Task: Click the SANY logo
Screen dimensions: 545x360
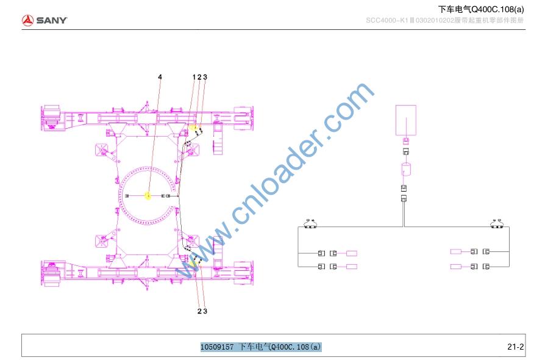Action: [x=44, y=20]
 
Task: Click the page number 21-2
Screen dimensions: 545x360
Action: [x=516, y=347]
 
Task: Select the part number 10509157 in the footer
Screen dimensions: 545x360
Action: [x=217, y=347]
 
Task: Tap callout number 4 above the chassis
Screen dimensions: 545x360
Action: [x=160, y=77]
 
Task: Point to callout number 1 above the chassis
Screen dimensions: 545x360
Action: [x=194, y=77]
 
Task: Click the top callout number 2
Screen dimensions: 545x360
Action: [x=199, y=77]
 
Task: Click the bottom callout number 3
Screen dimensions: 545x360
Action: [x=205, y=311]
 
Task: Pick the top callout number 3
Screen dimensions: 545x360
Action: [x=205, y=77]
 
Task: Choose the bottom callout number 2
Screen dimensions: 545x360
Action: [x=199, y=311]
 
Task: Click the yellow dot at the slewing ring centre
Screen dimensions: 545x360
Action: [x=148, y=196]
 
